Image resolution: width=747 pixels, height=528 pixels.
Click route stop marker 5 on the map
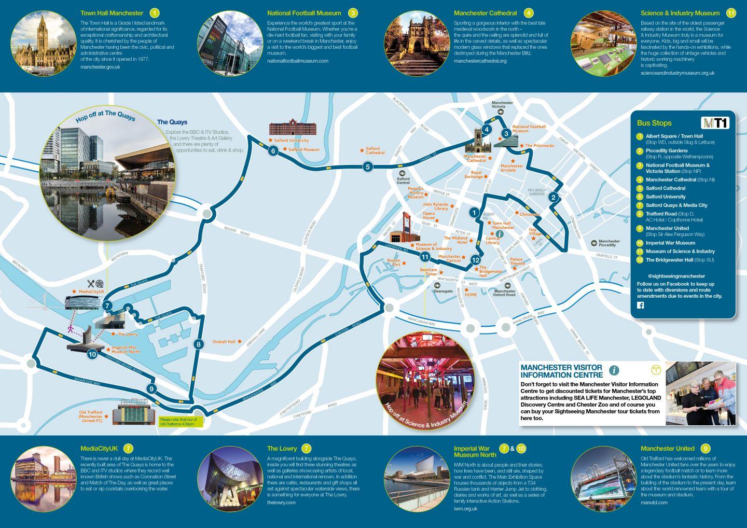point(367,166)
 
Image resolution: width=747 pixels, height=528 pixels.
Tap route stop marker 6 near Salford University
point(273,151)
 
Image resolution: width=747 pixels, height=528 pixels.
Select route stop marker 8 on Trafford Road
point(198,344)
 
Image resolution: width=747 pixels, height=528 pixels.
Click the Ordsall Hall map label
point(224,342)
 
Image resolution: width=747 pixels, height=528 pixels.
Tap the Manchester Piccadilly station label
point(608,243)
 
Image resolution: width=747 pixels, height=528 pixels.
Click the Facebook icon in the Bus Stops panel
point(640,305)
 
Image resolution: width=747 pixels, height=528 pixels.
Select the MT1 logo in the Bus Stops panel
point(715,123)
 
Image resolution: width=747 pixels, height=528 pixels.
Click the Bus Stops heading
point(654,123)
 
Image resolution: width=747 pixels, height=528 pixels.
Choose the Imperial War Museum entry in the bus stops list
point(670,243)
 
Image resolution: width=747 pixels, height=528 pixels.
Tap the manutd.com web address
point(654,503)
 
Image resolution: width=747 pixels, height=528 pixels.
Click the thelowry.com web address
point(281,503)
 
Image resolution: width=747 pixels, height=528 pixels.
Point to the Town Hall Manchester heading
point(112,13)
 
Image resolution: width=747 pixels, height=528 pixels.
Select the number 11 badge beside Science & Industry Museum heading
point(731,13)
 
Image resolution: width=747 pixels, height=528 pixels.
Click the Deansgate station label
point(444,291)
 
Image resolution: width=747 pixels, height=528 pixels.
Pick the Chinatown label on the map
point(530,214)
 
